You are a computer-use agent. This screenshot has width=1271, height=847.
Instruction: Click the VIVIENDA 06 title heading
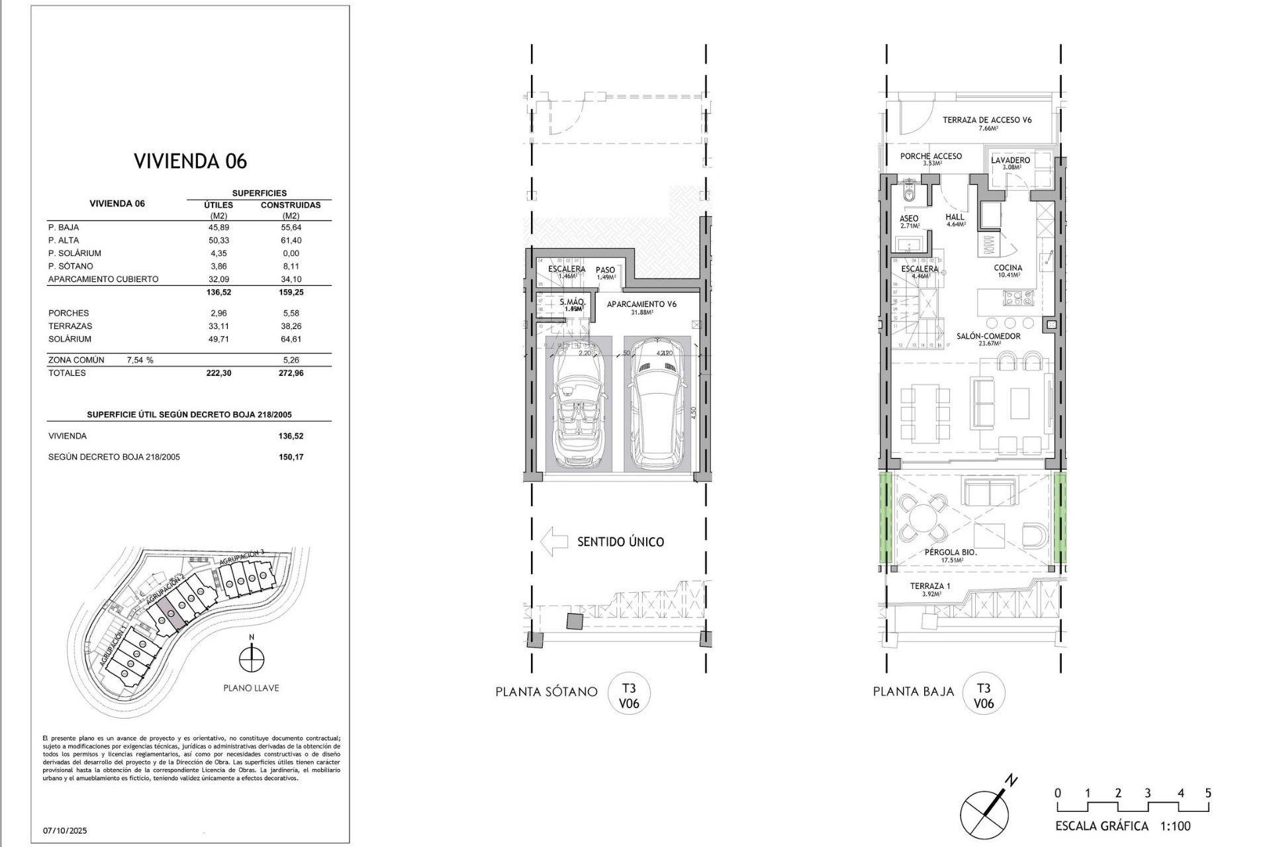tap(190, 161)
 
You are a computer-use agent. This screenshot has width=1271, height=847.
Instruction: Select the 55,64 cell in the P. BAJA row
tap(291, 227)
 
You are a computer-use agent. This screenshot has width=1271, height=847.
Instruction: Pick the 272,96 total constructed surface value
tap(291, 373)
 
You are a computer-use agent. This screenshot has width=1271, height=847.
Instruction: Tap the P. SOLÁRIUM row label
tap(75, 253)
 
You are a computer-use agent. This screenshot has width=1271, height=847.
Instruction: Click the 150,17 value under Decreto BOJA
tap(291, 457)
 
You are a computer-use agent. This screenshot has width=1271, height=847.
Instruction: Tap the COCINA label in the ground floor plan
tap(1008, 268)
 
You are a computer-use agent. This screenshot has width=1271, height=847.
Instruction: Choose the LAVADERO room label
tap(1011, 160)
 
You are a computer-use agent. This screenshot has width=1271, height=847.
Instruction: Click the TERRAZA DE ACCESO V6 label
tap(987, 120)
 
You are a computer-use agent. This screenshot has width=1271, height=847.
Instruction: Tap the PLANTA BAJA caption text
tap(914, 691)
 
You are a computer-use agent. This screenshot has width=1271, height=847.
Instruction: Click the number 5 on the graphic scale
tap(1208, 793)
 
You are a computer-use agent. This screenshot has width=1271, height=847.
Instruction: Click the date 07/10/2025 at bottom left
tap(65, 830)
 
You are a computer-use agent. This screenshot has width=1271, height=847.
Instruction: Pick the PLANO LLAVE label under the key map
tap(251, 688)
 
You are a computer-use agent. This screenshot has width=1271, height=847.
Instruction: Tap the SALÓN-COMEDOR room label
tap(988, 336)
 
